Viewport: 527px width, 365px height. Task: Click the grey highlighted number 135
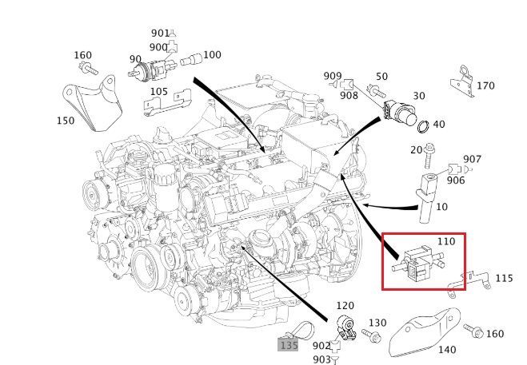point(289,345)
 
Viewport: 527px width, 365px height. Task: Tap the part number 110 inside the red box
point(446,241)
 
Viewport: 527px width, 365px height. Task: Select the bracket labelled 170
point(463,81)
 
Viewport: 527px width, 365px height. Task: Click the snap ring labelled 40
point(423,126)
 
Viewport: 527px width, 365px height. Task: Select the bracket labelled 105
point(166,103)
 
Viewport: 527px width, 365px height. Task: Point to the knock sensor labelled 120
point(346,327)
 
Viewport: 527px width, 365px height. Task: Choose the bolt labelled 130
point(371,335)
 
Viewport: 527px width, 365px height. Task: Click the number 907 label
point(472,159)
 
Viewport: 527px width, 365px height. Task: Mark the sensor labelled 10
point(426,197)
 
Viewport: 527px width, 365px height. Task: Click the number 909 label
point(333,76)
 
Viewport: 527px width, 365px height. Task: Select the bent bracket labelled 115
point(468,284)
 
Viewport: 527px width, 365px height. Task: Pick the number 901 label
point(160,33)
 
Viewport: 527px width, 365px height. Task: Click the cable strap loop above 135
point(301,330)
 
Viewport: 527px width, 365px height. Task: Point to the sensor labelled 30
point(400,113)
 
